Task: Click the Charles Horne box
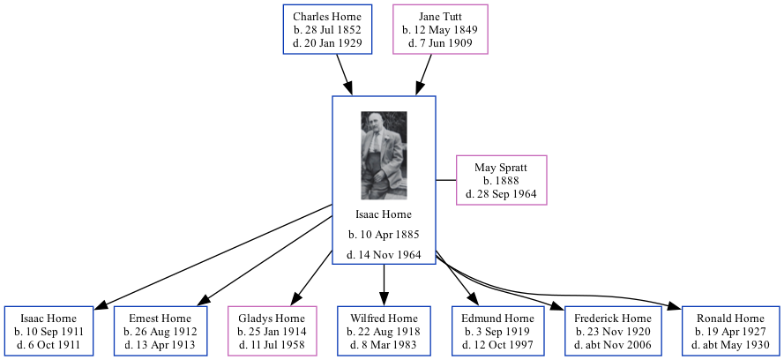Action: point(327,30)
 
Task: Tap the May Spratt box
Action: point(501,180)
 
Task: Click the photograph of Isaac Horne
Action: point(384,155)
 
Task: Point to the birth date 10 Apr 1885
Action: point(384,235)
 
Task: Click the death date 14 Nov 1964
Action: point(384,255)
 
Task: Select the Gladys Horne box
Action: point(272,331)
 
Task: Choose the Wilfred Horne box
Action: point(384,331)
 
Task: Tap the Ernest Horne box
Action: point(160,331)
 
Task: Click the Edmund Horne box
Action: point(498,331)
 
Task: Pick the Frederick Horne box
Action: point(613,331)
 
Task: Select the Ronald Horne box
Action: point(730,331)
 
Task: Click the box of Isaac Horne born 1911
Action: point(49,331)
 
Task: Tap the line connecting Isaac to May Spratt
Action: point(446,180)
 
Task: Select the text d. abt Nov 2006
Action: point(613,344)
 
